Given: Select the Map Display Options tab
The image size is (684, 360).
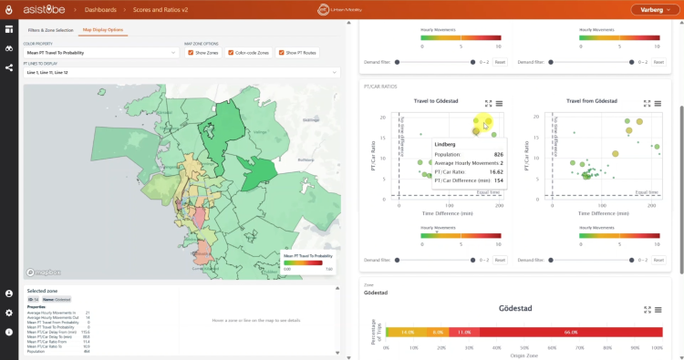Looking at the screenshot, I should click(103, 30).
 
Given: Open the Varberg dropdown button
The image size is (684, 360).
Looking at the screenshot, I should click(655, 10).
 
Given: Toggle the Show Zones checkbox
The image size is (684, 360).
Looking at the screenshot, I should click(190, 53).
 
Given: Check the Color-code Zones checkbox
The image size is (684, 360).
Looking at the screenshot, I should click(231, 53).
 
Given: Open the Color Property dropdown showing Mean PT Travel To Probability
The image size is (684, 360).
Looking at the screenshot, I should click(100, 53).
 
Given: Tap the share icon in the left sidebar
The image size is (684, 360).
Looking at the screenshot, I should click(9, 67).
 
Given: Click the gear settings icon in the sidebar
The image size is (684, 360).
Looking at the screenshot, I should click(9, 313).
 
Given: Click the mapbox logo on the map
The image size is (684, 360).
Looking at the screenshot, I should click(42, 272).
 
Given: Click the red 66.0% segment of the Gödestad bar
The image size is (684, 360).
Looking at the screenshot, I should click(571, 333).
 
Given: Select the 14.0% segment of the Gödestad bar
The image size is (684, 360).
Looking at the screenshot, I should click(407, 333).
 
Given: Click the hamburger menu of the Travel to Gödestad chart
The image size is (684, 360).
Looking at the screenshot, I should click(500, 104).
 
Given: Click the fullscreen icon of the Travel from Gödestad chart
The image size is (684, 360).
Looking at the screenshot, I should click(644, 104).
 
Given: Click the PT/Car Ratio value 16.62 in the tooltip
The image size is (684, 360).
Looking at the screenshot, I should click(497, 171).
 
